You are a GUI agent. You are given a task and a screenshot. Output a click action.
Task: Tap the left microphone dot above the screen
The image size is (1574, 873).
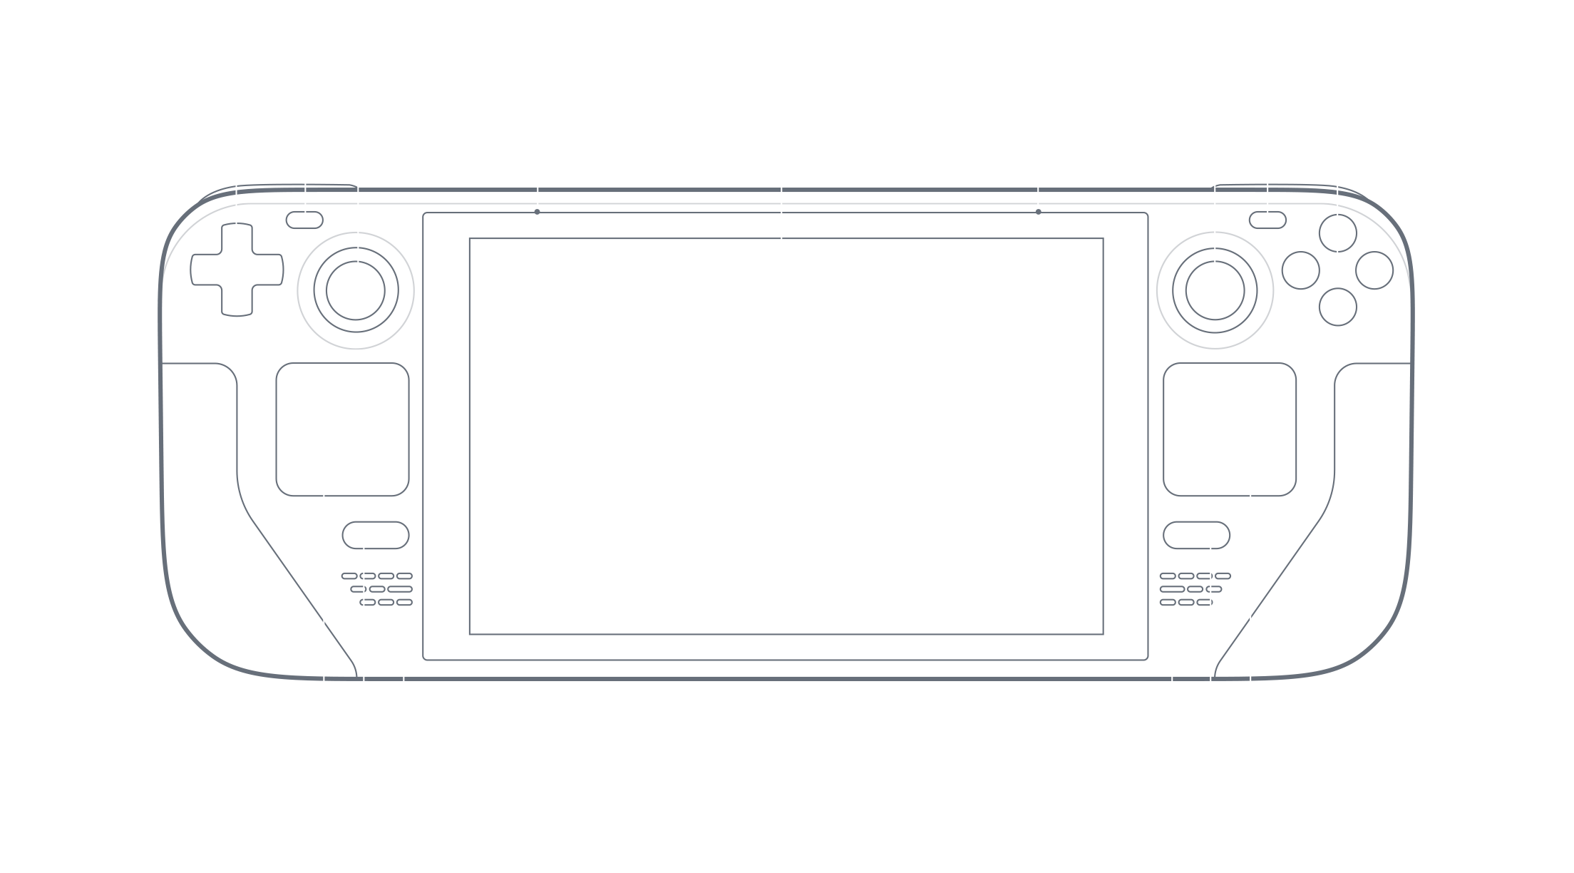(537, 211)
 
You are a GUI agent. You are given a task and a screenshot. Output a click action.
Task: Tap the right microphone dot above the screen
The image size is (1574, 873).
(1038, 211)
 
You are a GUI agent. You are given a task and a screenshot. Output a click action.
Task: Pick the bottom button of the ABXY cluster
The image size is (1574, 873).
(1337, 307)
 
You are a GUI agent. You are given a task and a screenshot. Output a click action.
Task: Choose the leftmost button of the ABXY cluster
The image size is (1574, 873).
(1300, 270)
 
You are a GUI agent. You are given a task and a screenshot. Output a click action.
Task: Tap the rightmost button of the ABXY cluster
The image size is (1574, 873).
(1374, 270)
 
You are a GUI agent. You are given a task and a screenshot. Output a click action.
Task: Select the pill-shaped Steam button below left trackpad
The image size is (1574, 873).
(376, 535)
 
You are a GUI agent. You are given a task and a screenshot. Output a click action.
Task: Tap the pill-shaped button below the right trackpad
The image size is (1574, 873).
(1197, 535)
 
